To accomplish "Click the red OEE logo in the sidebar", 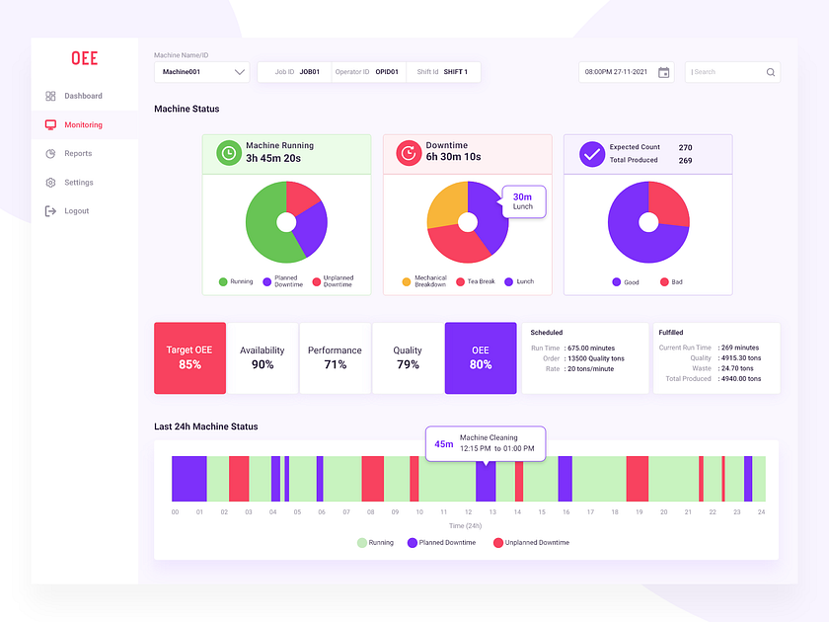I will click(84, 58).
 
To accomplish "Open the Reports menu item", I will click(77, 154).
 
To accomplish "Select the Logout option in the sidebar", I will click(76, 211).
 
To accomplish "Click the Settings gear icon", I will click(50, 183).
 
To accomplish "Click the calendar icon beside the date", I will click(663, 72).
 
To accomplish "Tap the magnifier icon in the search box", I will click(770, 72).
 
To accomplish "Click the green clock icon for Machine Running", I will click(228, 153).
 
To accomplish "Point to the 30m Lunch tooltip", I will click(523, 201).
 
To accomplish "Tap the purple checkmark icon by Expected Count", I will click(591, 154).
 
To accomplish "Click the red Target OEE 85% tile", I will click(189, 357).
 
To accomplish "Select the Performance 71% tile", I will click(335, 357).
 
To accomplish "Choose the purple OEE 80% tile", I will click(481, 357).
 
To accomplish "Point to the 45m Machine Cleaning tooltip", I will click(485, 443).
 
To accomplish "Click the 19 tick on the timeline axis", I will click(639, 512).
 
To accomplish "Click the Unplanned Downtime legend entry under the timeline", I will click(533, 543).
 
